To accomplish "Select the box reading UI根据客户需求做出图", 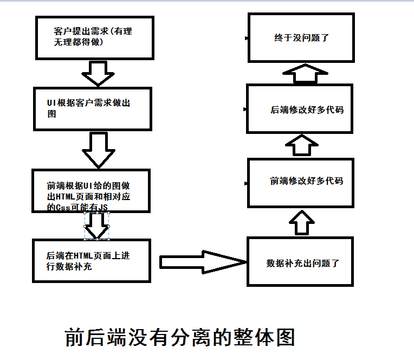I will tap(92, 108).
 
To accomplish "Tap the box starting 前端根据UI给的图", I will tap(92, 191).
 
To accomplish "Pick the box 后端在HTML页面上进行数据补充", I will tap(92, 260).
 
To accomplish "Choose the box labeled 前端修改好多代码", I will tap(300, 181).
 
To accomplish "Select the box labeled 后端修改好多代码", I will tap(300, 109).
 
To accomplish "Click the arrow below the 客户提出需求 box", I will tap(98, 73).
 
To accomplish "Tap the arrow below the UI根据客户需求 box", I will tap(98, 149).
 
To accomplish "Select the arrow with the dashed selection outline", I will tap(98, 226).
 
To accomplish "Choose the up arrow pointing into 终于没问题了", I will tap(306, 73).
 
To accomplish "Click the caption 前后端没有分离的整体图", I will tap(179, 337).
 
